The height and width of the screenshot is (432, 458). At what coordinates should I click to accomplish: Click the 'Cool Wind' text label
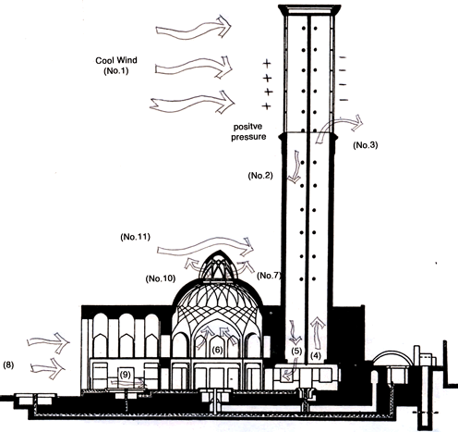pos(116,60)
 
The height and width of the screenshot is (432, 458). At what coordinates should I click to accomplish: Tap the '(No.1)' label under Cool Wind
pos(116,71)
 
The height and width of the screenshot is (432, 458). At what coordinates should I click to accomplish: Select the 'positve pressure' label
pos(248,131)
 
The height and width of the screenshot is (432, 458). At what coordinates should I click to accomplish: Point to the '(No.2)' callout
pos(260,176)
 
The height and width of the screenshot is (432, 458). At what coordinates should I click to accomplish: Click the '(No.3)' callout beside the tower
pos(366,145)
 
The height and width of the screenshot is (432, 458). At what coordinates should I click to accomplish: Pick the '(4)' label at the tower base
pos(316,356)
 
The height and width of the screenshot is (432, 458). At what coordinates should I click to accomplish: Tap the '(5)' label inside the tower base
pos(296,351)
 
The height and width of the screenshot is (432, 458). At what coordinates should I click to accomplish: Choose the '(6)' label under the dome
pos(217,350)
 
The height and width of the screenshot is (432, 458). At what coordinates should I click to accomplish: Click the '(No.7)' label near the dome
pos(269,276)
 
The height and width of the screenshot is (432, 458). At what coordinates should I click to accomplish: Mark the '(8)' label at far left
pos(8,365)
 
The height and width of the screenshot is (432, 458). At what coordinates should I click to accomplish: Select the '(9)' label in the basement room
pos(126,375)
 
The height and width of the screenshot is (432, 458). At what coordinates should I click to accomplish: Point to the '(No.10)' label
pos(161,278)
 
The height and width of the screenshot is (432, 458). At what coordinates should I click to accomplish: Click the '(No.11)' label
pos(136,237)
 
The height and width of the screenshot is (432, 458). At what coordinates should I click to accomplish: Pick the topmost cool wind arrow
pos(193,27)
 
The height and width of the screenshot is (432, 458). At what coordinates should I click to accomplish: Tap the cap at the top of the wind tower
pos(309,10)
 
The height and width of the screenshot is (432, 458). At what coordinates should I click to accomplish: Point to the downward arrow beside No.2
pos(295,167)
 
